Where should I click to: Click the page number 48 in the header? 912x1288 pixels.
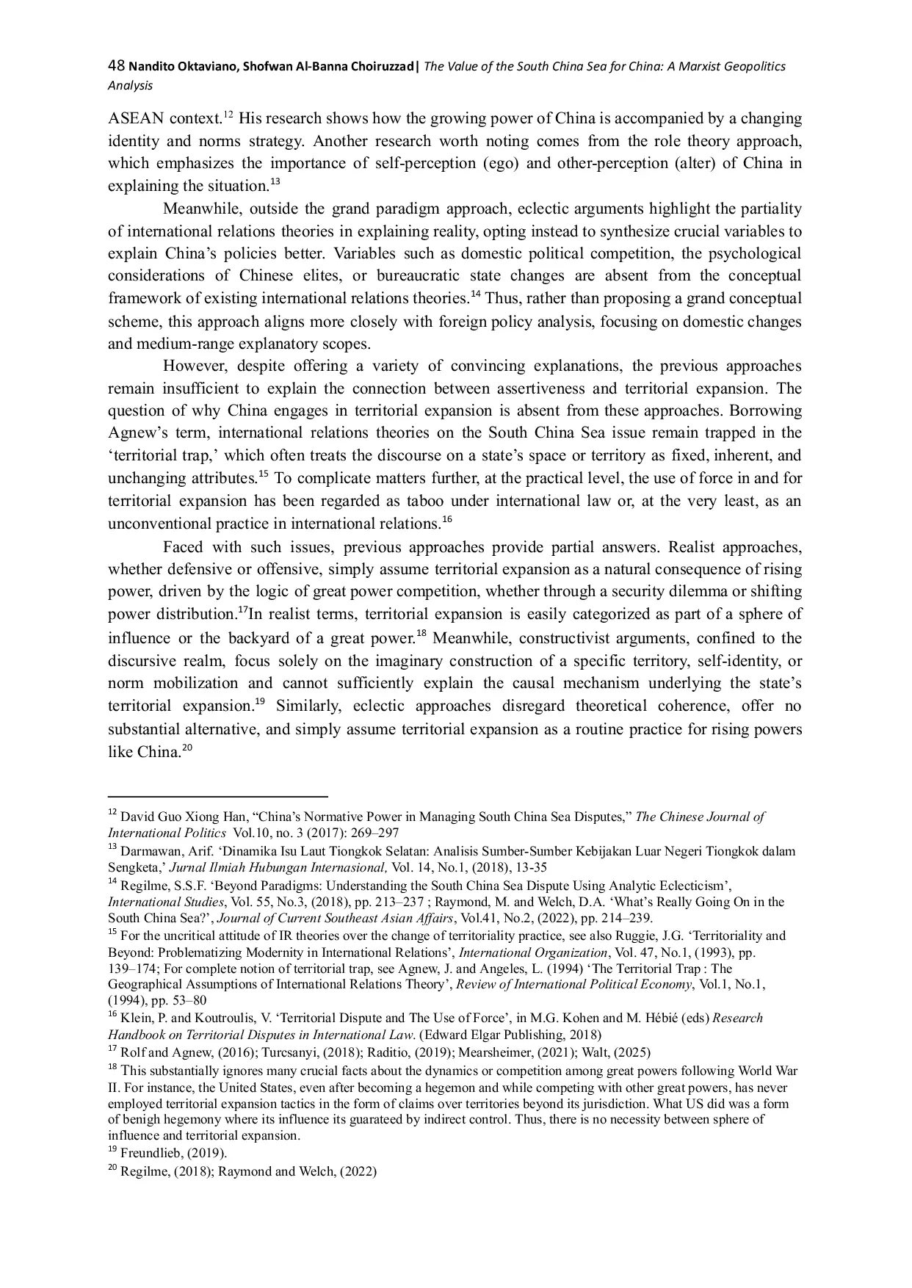(x=117, y=66)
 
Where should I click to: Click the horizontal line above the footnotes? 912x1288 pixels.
(x=217, y=796)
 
